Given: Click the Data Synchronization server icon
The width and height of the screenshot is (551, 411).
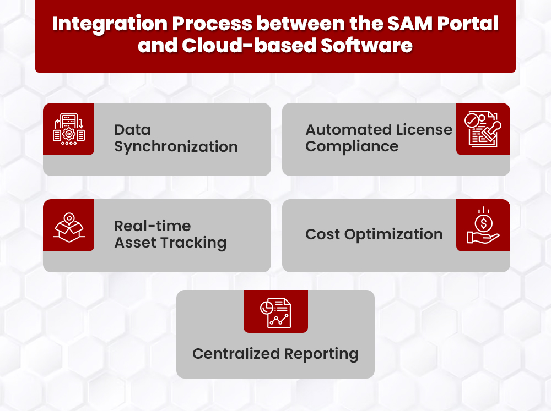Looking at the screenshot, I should click(x=68, y=129).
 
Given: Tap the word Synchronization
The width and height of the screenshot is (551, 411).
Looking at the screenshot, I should click(x=176, y=147).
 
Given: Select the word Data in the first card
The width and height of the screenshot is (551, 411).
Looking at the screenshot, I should click(x=132, y=130).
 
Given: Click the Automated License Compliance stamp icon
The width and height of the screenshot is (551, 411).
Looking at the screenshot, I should click(x=483, y=129).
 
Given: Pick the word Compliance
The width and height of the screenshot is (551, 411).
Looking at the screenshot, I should click(x=352, y=147).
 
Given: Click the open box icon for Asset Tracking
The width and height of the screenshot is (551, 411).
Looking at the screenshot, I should click(x=68, y=226).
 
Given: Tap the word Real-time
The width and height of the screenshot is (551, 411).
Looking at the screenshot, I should click(x=152, y=226).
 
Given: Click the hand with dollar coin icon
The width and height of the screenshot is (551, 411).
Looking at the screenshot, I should click(x=483, y=226).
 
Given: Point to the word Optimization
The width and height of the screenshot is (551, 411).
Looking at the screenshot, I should click(x=393, y=234).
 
